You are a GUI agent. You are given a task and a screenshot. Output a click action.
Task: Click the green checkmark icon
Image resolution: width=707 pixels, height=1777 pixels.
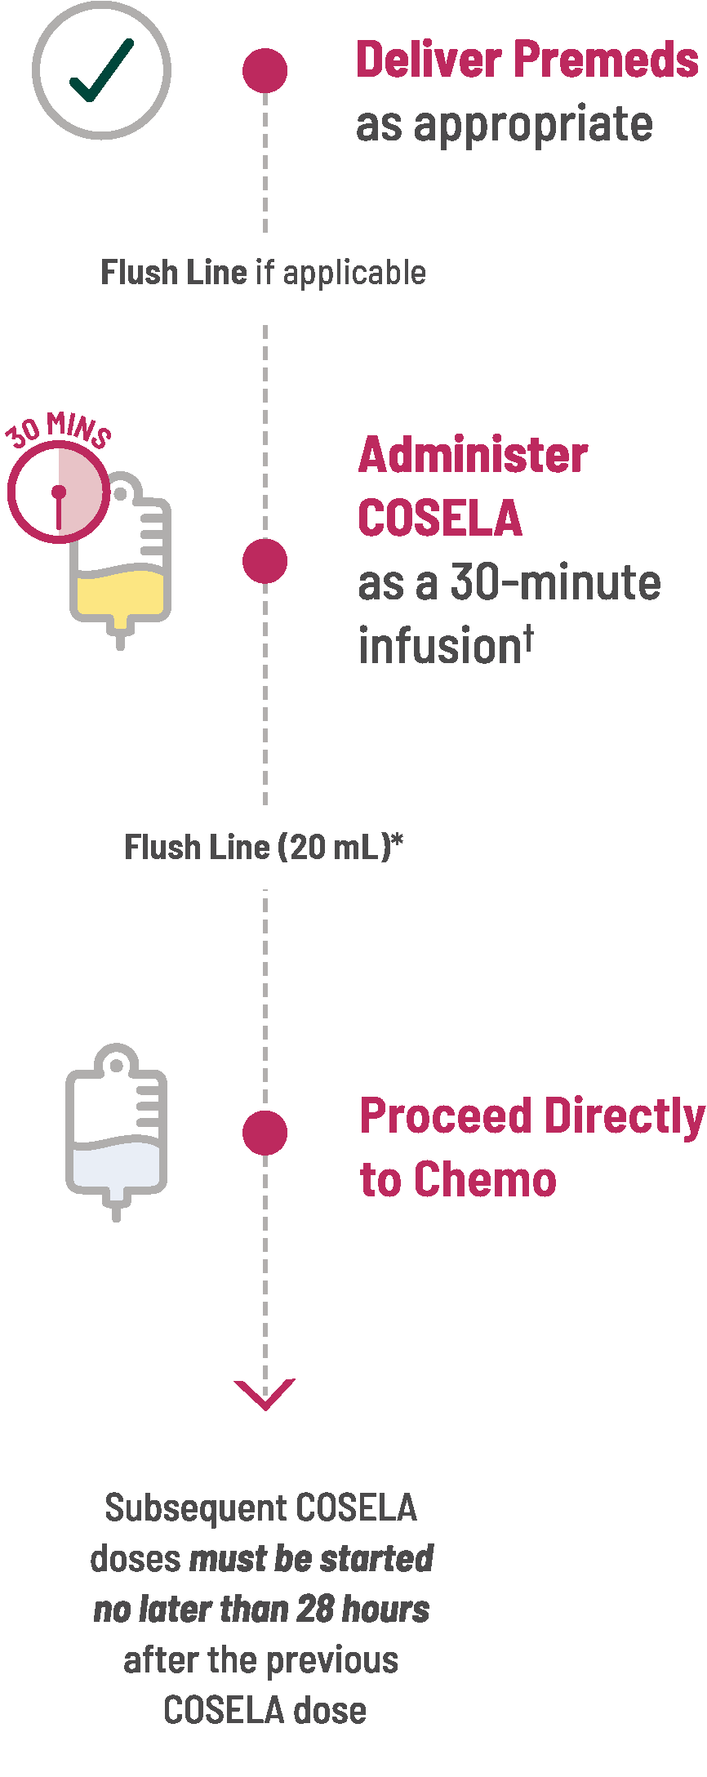[101, 71]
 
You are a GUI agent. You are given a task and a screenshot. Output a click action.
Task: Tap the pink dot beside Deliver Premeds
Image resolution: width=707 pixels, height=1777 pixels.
[265, 70]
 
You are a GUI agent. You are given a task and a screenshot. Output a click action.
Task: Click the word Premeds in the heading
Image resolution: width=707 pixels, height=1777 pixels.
[607, 60]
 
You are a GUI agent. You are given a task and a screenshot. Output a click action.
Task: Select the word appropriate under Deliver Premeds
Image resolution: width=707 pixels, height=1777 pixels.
[533, 125]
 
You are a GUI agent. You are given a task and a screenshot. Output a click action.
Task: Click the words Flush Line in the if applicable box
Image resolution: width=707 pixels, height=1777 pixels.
[173, 273]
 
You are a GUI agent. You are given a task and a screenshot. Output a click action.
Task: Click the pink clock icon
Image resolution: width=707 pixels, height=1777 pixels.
[59, 492]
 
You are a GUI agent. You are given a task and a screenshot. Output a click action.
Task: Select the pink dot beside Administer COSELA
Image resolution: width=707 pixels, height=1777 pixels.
[265, 561]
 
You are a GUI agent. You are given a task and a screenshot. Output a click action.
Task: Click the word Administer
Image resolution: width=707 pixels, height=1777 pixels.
[473, 455]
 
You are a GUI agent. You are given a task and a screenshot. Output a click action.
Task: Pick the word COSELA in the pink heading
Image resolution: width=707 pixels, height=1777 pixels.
[440, 519]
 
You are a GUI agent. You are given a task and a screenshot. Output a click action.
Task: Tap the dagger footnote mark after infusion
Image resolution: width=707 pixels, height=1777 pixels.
[529, 633]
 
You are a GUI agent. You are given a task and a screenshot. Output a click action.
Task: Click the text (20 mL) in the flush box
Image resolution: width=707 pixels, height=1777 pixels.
[335, 847]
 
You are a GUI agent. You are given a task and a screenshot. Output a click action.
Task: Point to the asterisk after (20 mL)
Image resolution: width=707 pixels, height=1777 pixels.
[398, 840]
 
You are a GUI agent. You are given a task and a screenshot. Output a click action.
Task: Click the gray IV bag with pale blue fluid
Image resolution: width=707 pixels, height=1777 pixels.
[116, 1131]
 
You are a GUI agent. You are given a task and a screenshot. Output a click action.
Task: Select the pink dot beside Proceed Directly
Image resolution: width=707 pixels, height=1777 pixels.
[265, 1133]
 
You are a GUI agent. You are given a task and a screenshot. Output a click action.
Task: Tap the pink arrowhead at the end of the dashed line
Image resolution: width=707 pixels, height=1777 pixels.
[265, 1393]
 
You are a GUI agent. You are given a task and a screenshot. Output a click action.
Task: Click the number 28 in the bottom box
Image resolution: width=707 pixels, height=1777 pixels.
[315, 1609]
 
